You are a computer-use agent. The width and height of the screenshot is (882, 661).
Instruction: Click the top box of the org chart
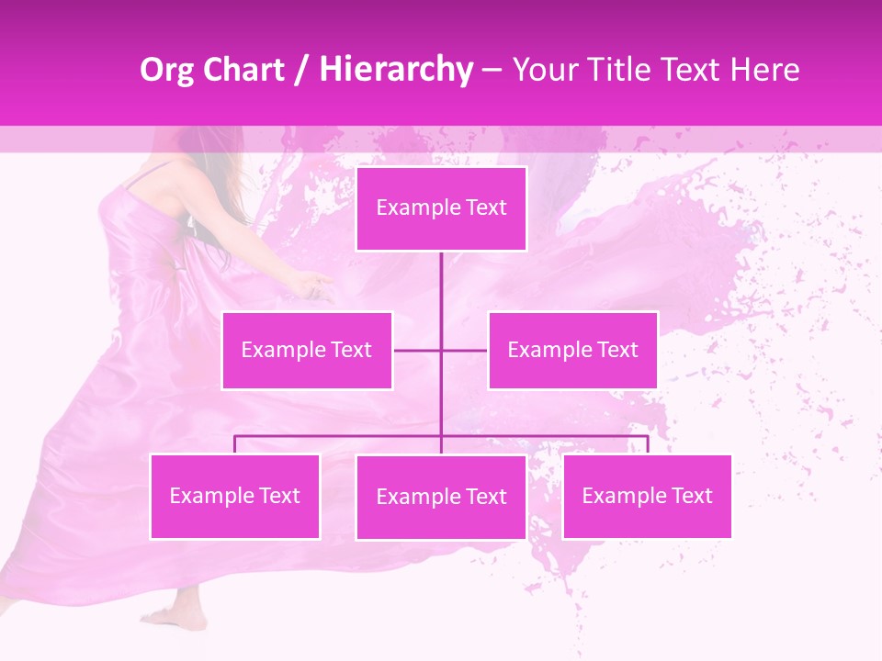[x=441, y=208]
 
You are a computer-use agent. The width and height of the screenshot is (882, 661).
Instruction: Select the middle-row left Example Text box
[x=307, y=350]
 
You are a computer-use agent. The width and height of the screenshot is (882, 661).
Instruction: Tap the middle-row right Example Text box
[x=572, y=350]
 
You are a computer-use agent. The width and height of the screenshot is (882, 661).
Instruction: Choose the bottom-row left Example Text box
[x=235, y=496]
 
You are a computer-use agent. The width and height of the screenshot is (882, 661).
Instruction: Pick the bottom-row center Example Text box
[x=441, y=497]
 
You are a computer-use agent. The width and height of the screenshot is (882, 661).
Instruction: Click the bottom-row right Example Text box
[x=647, y=496]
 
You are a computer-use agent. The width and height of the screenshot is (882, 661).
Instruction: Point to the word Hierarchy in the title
[x=396, y=70]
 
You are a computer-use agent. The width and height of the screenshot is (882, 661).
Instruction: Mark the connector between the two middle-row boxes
[x=441, y=350]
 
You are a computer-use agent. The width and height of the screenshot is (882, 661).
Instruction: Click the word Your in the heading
[x=541, y=70]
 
